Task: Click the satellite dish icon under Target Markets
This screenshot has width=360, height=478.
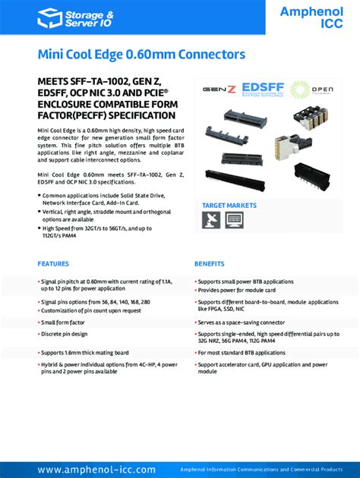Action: pos(211,220)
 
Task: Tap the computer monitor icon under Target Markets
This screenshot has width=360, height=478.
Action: pos(234,220)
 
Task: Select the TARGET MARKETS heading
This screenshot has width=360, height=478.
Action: pos(229,206)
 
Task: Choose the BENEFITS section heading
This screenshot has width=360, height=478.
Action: pos(209,264)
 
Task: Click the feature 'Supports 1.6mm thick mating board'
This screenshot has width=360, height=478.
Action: pos(84,353)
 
